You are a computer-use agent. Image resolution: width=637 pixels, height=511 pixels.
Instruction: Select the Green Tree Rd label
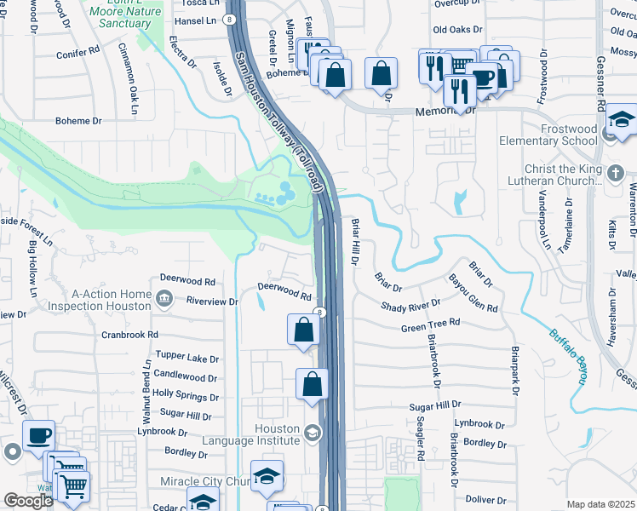[x=430, y=324]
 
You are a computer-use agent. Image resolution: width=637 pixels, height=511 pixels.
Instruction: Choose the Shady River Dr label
[x=410, y=303]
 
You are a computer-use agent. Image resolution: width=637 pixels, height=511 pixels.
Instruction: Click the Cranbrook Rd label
[x=129, y=335]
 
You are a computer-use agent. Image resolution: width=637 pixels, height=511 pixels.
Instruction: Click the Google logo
[x=27, y=501]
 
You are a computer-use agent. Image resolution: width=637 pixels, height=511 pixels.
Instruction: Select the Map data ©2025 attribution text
[x=601, y=504]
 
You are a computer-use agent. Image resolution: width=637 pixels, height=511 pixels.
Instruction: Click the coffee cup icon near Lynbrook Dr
[x=38, y=437]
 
